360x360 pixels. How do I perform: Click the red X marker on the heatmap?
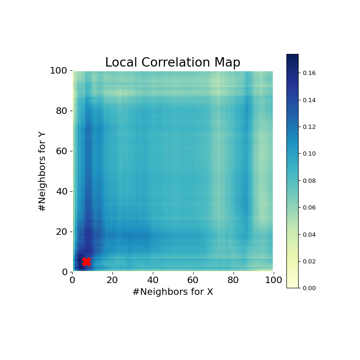pos(86,262)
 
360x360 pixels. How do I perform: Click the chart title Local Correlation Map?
pos(172,63)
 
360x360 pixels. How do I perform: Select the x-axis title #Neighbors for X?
pos(172,292)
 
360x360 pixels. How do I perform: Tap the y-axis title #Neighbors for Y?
pos(43,171)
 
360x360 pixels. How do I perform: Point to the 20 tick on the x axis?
pos(112,280)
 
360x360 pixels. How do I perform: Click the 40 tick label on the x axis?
pos(153,280)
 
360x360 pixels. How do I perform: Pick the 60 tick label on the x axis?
pos(193,280)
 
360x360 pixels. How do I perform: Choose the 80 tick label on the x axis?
pos(233,280)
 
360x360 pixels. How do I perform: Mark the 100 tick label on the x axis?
pos(273,280)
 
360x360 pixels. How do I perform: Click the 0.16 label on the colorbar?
pos(309,73)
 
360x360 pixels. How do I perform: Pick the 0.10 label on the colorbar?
pos(309,154)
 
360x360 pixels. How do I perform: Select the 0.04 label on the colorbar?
pos(309,234)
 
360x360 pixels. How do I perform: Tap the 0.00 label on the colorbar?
pos(309,288)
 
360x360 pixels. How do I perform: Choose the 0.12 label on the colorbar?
pos(309,127)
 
